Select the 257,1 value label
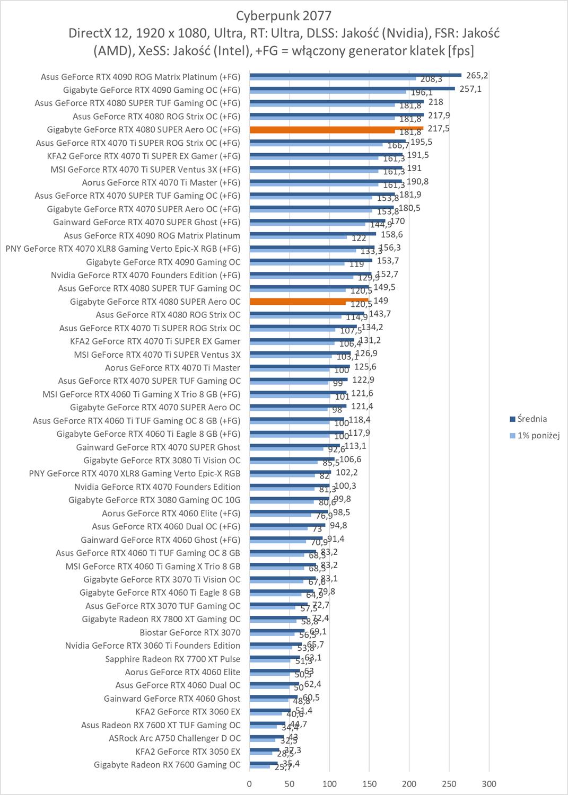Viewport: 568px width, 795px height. tap(470, 89)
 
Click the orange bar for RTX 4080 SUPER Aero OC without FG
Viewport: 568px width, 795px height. tap(309, 301)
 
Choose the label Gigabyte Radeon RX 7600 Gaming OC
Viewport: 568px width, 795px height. tap(167, 765)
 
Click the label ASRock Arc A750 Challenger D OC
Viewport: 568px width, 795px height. tap(174, 738)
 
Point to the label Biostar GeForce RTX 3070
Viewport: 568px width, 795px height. tap(190, 632)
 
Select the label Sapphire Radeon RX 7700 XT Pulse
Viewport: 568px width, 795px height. tap(173, 659)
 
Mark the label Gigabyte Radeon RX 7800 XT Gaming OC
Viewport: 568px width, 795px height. tap(161, 619)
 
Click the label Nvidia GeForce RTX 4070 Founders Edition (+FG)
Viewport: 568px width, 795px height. tap(145, 275)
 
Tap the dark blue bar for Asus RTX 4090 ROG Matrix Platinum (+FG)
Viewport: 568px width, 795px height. tap(355, 75)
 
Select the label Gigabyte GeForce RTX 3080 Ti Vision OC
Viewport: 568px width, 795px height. tap(162, 460)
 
